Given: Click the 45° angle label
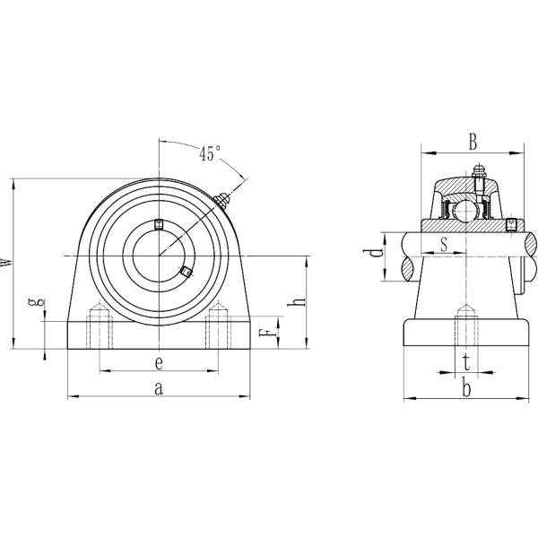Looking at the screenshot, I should click(210, 153).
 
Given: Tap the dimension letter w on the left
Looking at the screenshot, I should click(8, 261).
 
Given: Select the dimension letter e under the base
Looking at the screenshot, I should click(158, 362).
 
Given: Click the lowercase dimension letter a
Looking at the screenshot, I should click(159, 387).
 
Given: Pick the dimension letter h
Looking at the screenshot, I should click(301, 301).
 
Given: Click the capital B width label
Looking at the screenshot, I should click(472, 141).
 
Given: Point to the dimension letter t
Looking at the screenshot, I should click(465, 361).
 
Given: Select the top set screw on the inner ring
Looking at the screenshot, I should click(159, 223).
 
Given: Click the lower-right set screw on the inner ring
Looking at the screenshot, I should click(186, 270).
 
